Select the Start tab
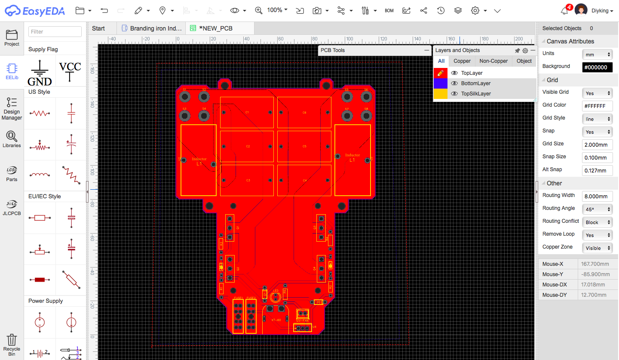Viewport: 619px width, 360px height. [98, 28]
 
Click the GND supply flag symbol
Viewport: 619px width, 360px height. [40, 72]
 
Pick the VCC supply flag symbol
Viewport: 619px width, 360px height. [70, 71]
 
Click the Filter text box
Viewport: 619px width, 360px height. [55, 31]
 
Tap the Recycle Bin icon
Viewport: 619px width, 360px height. [12, 345]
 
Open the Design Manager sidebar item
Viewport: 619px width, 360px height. [12, 108]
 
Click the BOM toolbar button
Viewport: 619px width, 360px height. [389, 10]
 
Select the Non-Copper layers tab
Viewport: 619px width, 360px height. [493, 61]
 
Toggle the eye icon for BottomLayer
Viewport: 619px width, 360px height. [454, 83]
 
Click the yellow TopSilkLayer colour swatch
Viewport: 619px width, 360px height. [441, 94]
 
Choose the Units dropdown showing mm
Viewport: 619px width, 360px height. [597, 55]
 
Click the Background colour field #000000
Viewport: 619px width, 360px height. [597, 68]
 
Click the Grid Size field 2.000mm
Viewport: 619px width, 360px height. [597, 145]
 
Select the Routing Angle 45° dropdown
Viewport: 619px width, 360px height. [597, 209]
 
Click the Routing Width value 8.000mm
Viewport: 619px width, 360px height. [597, 197]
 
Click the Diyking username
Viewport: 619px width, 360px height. [602, 11]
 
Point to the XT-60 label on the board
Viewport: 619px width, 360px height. [276, 320]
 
